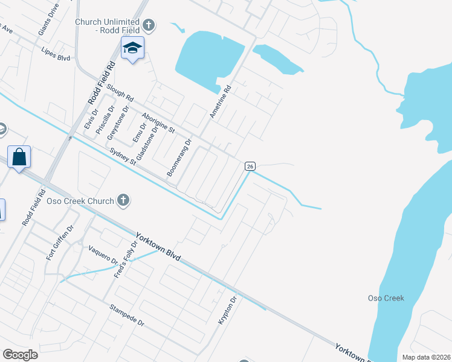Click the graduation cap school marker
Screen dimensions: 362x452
(132, 48)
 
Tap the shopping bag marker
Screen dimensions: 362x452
(19, 157)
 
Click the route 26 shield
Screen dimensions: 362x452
(250, 166)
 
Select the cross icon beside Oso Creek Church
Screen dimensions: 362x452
(123, 200)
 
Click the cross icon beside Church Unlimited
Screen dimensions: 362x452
(149, 25)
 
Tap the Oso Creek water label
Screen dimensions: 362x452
(386, 298)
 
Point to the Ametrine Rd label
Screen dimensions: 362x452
(219, 101)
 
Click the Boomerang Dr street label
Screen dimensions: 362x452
(179, 158)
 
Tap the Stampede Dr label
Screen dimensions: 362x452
(127, 315)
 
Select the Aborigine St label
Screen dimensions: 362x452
(158, 122)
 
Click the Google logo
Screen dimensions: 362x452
(21, 355)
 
